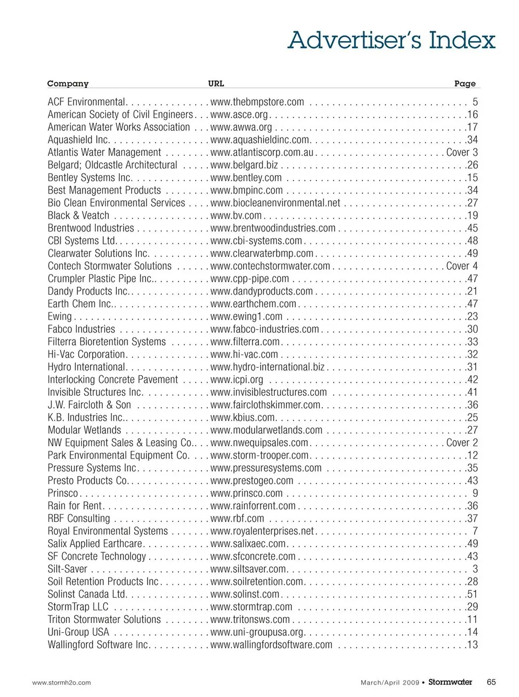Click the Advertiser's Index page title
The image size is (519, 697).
[x=391, y=41]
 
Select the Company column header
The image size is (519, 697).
[x=68, y=83]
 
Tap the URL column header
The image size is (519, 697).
[x=216, y=83]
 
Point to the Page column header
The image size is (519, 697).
[x=464, y=83]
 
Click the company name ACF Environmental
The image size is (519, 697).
[x=86, y=102]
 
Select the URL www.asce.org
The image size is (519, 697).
[x=239, y=115]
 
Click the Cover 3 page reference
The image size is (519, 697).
[x=462, y=152]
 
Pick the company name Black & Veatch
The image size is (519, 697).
[x=78, y=216]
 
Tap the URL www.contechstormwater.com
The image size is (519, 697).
[x=270, y=266]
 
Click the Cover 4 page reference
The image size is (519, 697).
[x=462, y=266]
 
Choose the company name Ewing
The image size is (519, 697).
[x=59, y=317]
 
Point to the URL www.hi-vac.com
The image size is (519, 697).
[x=244, y=355]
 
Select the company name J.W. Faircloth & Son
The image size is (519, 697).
[x=89, y=405]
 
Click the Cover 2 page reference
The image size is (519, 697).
[x=462, y=443]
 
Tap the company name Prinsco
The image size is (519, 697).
[x=63, y=493]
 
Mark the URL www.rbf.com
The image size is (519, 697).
[x=237, y=519]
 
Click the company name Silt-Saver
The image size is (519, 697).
[x=67, y=569]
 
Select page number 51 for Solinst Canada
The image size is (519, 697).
[x=472, y=594]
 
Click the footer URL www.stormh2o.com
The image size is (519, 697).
[x=62, y=682]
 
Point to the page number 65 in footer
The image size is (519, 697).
[x=491, y=682]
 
